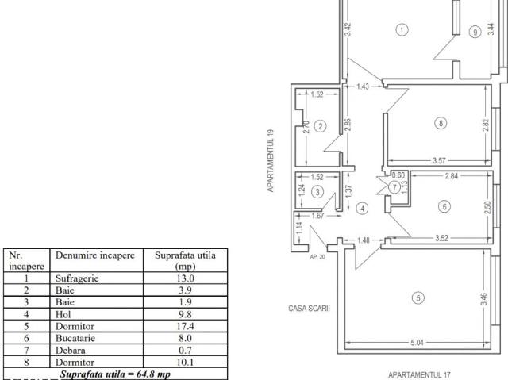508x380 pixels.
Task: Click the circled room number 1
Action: pyautogui.click(x=402, y=30)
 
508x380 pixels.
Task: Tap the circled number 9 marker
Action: pyautogui.click(x=475, y=32)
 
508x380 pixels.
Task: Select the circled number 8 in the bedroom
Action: pyautogui.click(x=441, y=123)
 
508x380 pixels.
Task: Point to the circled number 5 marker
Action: pyautogui.click(x=418, y=297)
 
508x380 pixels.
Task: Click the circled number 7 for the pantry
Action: pyautogui.click(x=394, y=187)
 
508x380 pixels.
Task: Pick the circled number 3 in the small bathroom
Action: pyautogui.click(x=317, y=192)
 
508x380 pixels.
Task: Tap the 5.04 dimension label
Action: pyautogui.click(x=417, y=343)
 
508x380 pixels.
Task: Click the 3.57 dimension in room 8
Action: pyautogui.click(x=439, y=160)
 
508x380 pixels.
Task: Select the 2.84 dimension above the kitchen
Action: pyautogui.click(x=452, y=176)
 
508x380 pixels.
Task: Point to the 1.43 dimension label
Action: pyautogui.click(x=363, y=86)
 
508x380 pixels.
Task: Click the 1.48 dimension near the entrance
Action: pyautogui.click(x=364, y=240)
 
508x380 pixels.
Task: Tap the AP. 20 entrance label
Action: pyautogui.click(x=317, y=257)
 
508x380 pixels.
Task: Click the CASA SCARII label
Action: pyautogui.click(x=309, y=308)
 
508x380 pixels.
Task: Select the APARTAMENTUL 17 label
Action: pyautogui.click(x=419, y=374)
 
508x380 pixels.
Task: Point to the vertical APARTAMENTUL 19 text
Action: pyautogui.click(x=271, y=161)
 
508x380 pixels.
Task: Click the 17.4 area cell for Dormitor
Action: pyautogui.click(x=185, y=326)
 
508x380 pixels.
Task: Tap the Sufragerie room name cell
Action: pyautogui.click(x=77, y=278)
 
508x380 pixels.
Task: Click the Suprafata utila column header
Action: pyautogui.click(x=185, y=260)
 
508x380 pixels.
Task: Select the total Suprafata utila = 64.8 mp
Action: pyautogui.click(x=115, y=374)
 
